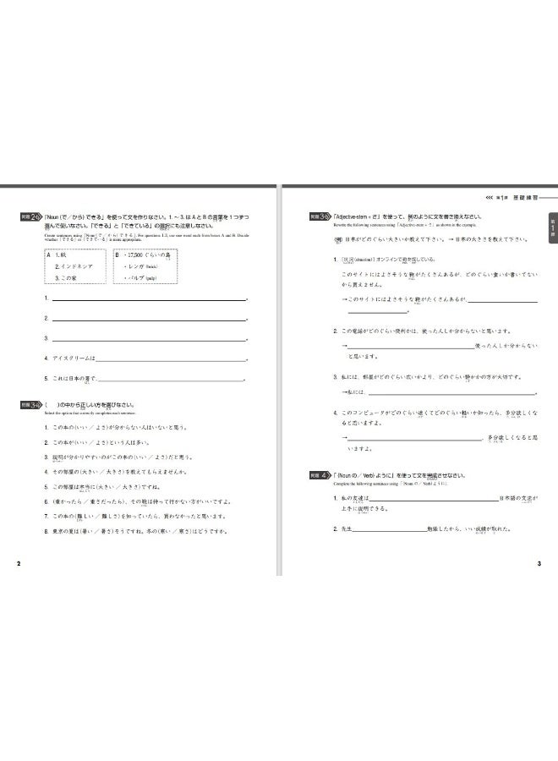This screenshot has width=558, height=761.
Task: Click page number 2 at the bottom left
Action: click(x=7, y=564)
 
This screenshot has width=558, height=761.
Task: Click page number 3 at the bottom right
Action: click(x=539, y=564)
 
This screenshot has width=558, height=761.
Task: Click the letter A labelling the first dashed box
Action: click(x=48, y=253)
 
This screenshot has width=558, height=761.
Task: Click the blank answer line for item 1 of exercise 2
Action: click(x=148, y=299)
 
